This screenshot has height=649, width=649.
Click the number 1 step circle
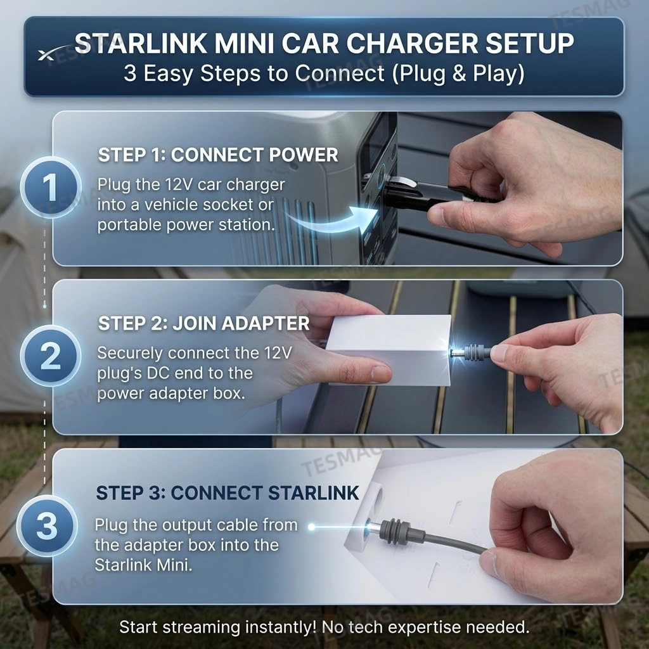point(50,188)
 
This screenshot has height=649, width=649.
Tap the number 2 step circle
point(50,356)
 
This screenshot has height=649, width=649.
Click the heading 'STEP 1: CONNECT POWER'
point(218,155)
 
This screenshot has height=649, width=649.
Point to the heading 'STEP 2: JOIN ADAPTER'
point(203,323)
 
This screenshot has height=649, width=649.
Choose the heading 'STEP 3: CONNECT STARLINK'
point(227,492)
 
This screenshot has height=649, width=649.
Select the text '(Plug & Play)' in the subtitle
point(458,74)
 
